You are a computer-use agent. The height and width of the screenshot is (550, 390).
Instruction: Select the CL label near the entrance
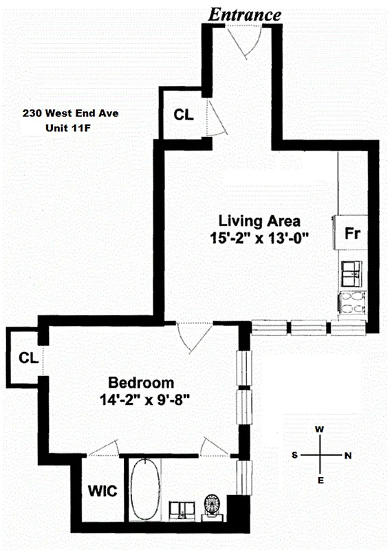pyautogui.click(x=183, y=115)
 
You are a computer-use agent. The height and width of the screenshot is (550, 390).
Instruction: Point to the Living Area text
pyautogui.click(x=259, y=221)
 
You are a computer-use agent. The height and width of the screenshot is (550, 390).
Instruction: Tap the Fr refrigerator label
pyautogui.click(x=352, y=233)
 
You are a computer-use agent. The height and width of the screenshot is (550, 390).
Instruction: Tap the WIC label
pyautogui.click(x=101, y=492)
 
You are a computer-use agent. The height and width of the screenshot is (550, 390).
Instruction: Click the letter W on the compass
pyautogui.click(x=319, y=429)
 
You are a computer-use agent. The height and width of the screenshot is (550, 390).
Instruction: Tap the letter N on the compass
pyautogui.click(x=347, y=455)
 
